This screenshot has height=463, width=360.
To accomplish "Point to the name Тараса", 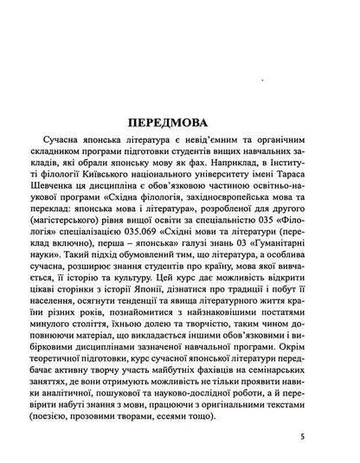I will (x=303, y=170).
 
